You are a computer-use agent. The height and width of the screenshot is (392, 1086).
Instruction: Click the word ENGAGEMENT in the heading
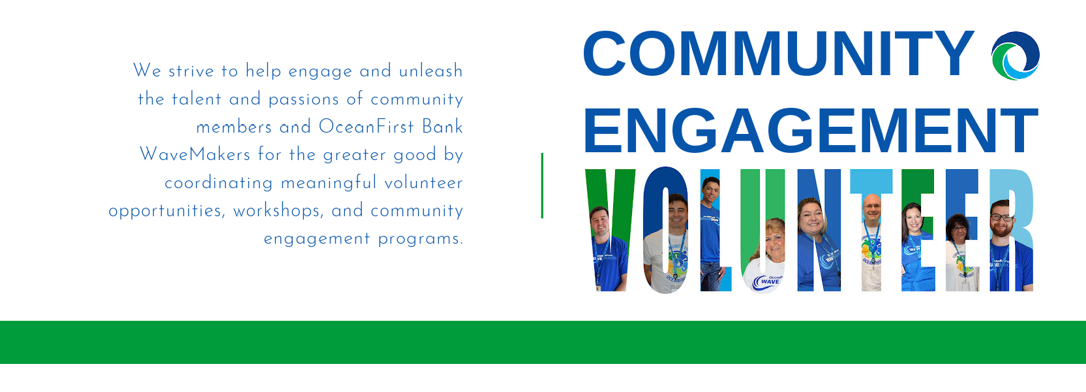point(811,130)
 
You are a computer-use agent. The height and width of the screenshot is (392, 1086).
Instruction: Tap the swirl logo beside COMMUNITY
point(1016,56)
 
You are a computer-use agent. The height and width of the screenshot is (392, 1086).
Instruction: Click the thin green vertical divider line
point(542,185)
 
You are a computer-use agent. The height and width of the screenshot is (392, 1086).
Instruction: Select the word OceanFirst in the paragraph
point(367,126)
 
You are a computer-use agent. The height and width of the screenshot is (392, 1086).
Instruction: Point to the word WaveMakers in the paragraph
point(195,154)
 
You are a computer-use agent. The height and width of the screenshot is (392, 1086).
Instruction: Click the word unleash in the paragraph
point(431,71)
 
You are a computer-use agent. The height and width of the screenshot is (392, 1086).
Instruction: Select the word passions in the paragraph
point(303,99)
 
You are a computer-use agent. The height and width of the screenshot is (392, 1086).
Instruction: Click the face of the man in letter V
point(600,222)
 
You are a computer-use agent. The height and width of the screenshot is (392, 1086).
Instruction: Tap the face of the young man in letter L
point(711,191)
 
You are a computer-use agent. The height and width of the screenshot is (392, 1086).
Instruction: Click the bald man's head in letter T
point(872,207)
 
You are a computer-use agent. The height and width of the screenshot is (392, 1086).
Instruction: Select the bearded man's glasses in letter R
point(1002,218)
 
